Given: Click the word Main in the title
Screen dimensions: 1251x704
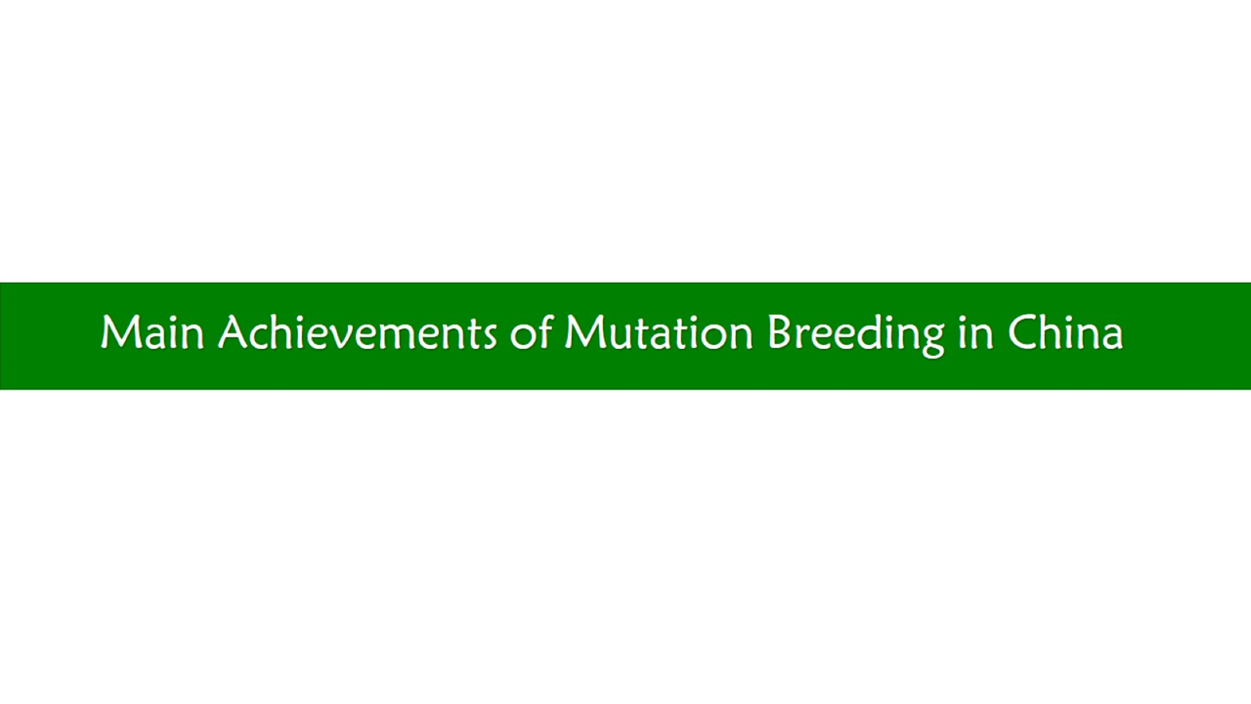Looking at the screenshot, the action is tap(152, 332).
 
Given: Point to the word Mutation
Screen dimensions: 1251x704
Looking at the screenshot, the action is tap(659, 332).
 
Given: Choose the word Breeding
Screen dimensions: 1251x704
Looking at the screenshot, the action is tap(856, 335).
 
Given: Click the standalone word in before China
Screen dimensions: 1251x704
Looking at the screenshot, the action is tap(976, 333).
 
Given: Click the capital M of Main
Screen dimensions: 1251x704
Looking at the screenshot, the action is tap(120, 333).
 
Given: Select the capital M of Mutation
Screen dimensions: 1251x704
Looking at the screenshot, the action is tap(583, 333).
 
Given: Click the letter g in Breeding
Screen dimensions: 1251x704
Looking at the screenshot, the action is tap(931, 341).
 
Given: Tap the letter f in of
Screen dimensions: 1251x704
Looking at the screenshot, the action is tap(544, 331).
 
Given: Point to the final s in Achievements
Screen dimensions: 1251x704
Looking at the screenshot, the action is tap(487, 338).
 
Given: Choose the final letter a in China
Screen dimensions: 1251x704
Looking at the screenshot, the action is tap(1111, 338).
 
